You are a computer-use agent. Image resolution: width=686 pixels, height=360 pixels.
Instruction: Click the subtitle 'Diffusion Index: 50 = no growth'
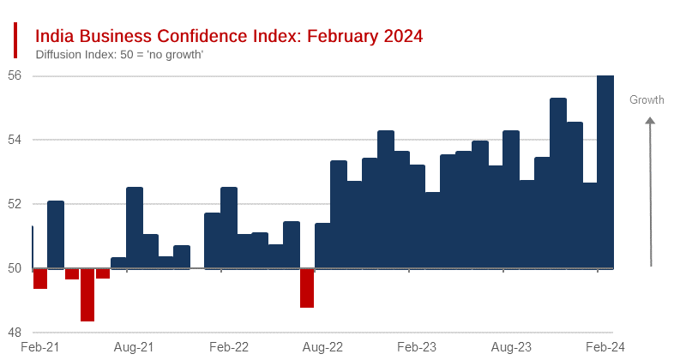tap(119, 55)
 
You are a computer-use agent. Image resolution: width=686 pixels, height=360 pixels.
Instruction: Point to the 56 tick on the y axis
tap(15, 75)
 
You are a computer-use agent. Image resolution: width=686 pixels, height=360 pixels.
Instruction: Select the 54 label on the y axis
tap(15, 140)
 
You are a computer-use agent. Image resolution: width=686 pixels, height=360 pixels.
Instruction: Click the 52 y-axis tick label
tap(15, 204)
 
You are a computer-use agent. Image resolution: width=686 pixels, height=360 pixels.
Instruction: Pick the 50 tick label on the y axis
tap(15, 268)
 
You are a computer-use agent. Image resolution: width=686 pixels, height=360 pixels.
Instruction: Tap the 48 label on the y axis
tap(15, 333)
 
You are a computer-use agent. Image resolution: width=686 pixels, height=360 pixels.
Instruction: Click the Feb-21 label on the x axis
tap(39, 347)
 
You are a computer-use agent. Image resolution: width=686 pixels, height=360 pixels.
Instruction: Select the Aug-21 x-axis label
tap(134, 347)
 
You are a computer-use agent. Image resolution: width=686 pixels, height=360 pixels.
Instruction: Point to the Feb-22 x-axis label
tap(229, 347)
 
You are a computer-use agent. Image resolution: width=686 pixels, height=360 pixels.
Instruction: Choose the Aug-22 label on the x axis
tap(323, 347)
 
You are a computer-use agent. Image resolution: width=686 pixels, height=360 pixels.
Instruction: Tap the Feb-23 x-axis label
tap(417, 347)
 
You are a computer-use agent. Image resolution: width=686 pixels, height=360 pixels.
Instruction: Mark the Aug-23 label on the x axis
tap(511, 347)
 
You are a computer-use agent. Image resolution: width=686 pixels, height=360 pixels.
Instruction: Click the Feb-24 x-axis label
tap(605, 347)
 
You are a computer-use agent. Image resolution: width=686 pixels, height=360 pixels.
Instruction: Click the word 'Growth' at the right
tap(647, 100)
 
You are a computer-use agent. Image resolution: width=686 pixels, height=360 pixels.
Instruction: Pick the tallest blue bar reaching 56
tap(605, 171)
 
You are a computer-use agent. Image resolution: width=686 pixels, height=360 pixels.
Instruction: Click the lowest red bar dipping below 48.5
tap(87, 295)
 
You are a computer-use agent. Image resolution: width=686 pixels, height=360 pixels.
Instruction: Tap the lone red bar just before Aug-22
tap(307, 288)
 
